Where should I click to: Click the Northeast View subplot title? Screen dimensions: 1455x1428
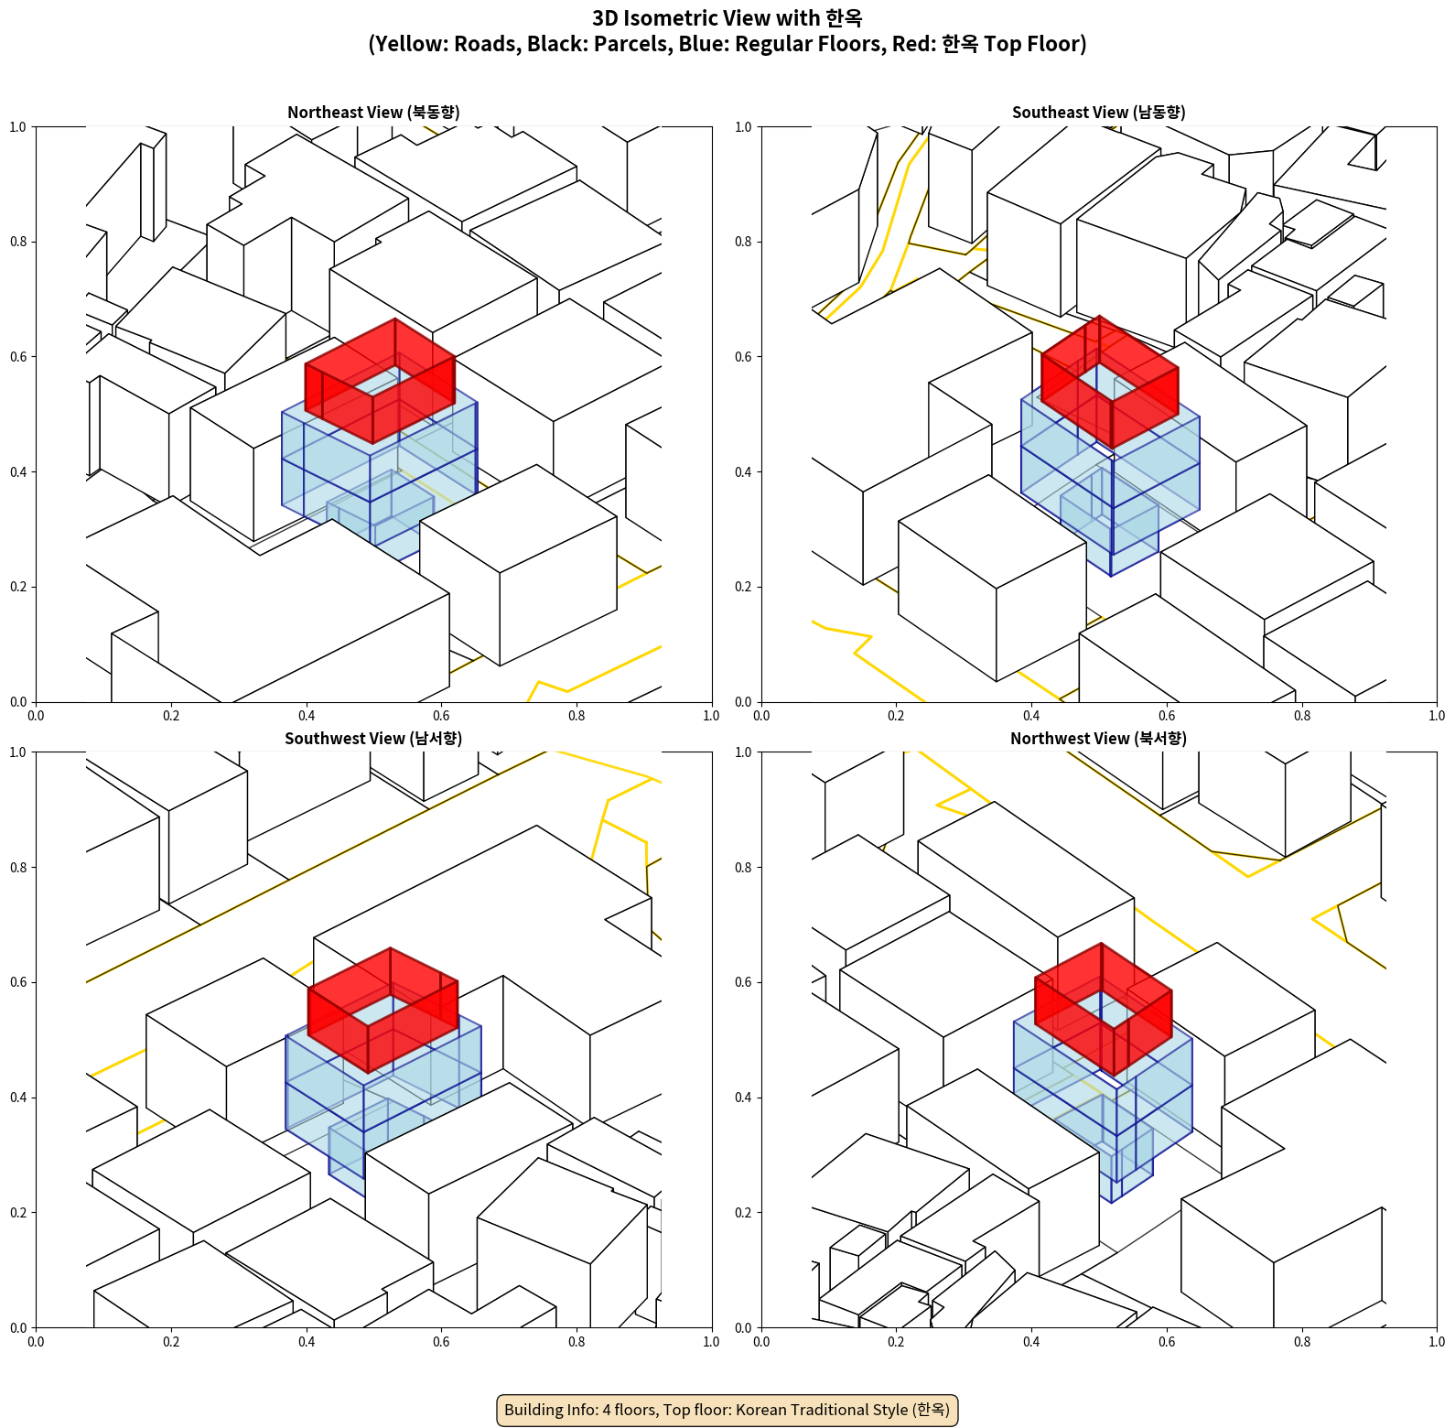point(373,113)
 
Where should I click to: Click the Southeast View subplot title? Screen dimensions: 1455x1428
point(1098,113)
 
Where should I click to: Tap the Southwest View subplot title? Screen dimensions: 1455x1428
point(373,739)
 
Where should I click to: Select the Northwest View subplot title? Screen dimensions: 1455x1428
point(1098,739)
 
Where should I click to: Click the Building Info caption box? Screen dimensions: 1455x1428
point(727,1410)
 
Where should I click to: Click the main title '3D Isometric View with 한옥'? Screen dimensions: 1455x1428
point(727,18)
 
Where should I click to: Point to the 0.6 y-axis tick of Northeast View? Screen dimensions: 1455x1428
point(18,357)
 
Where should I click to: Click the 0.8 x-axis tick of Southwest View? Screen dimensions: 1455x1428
point(577,1342)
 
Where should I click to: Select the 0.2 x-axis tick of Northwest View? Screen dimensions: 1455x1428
point(896,1342)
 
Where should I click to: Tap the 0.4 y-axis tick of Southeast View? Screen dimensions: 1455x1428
point(744,472)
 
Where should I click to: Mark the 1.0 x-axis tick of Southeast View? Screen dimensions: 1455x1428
point(1437,716)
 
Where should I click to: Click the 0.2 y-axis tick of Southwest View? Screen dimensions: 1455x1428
point(18,1213)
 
